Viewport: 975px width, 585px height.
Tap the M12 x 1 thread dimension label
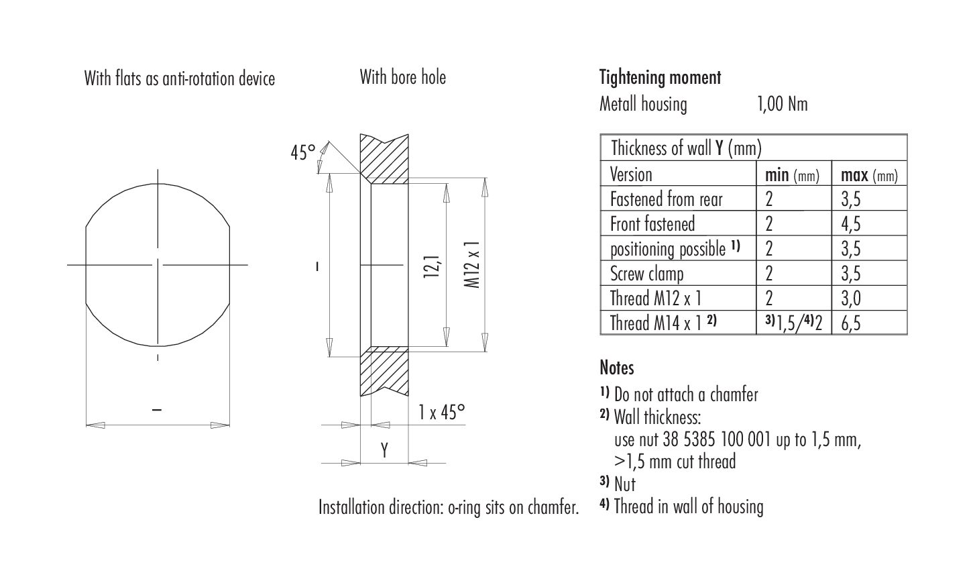473,265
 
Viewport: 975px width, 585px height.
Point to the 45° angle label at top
302,153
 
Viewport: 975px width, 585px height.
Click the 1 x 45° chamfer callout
441,412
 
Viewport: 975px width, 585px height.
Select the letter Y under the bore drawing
385,450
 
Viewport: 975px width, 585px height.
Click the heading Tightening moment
660,78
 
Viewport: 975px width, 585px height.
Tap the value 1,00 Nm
782,104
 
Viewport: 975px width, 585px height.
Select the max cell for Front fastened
850,224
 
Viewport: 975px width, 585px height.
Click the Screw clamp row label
646,274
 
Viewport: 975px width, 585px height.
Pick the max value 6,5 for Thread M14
850,323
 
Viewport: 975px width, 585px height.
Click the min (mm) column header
792,175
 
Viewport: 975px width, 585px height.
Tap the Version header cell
631,175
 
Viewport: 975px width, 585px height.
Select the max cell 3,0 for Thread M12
850,299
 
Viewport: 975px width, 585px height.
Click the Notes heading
616,368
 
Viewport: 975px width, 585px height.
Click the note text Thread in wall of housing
688,507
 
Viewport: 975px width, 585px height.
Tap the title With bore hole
402,77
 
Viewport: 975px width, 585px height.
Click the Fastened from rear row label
666,199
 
